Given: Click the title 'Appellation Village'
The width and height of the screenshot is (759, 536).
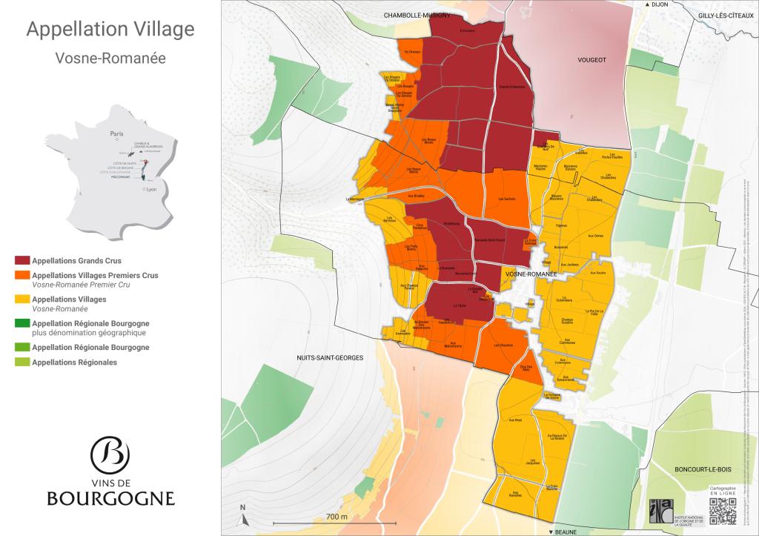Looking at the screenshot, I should click(x=110, y=30).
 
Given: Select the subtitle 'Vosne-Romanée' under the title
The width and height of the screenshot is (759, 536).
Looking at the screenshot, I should click(x=110, y=58).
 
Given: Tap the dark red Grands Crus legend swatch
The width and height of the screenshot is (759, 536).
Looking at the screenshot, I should click(x=22, y=261).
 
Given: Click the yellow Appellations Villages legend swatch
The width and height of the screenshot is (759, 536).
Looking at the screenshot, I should click(x=22, y=300).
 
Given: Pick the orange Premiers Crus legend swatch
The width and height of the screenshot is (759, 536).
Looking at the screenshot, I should click(x=22, y=275).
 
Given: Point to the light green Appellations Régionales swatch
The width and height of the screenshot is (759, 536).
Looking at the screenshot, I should click(x=22, y=363).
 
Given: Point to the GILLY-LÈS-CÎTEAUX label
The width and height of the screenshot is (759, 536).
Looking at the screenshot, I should click(x=724, y=15).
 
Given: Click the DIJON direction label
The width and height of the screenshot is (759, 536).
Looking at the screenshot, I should click(x=660, y=4).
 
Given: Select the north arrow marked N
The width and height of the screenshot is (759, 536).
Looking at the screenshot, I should click(x=242, y=512).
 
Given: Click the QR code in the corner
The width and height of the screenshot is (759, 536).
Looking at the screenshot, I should click(x=723, y=511).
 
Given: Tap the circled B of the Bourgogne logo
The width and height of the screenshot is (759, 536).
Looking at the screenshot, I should click(x=110, y=454).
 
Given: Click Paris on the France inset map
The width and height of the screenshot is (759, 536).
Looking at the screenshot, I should click(x=116, y=134).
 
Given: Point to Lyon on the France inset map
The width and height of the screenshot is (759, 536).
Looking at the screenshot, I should click(x=150, y=190).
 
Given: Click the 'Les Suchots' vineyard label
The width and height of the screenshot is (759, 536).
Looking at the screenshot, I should click(x=506, y=199).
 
